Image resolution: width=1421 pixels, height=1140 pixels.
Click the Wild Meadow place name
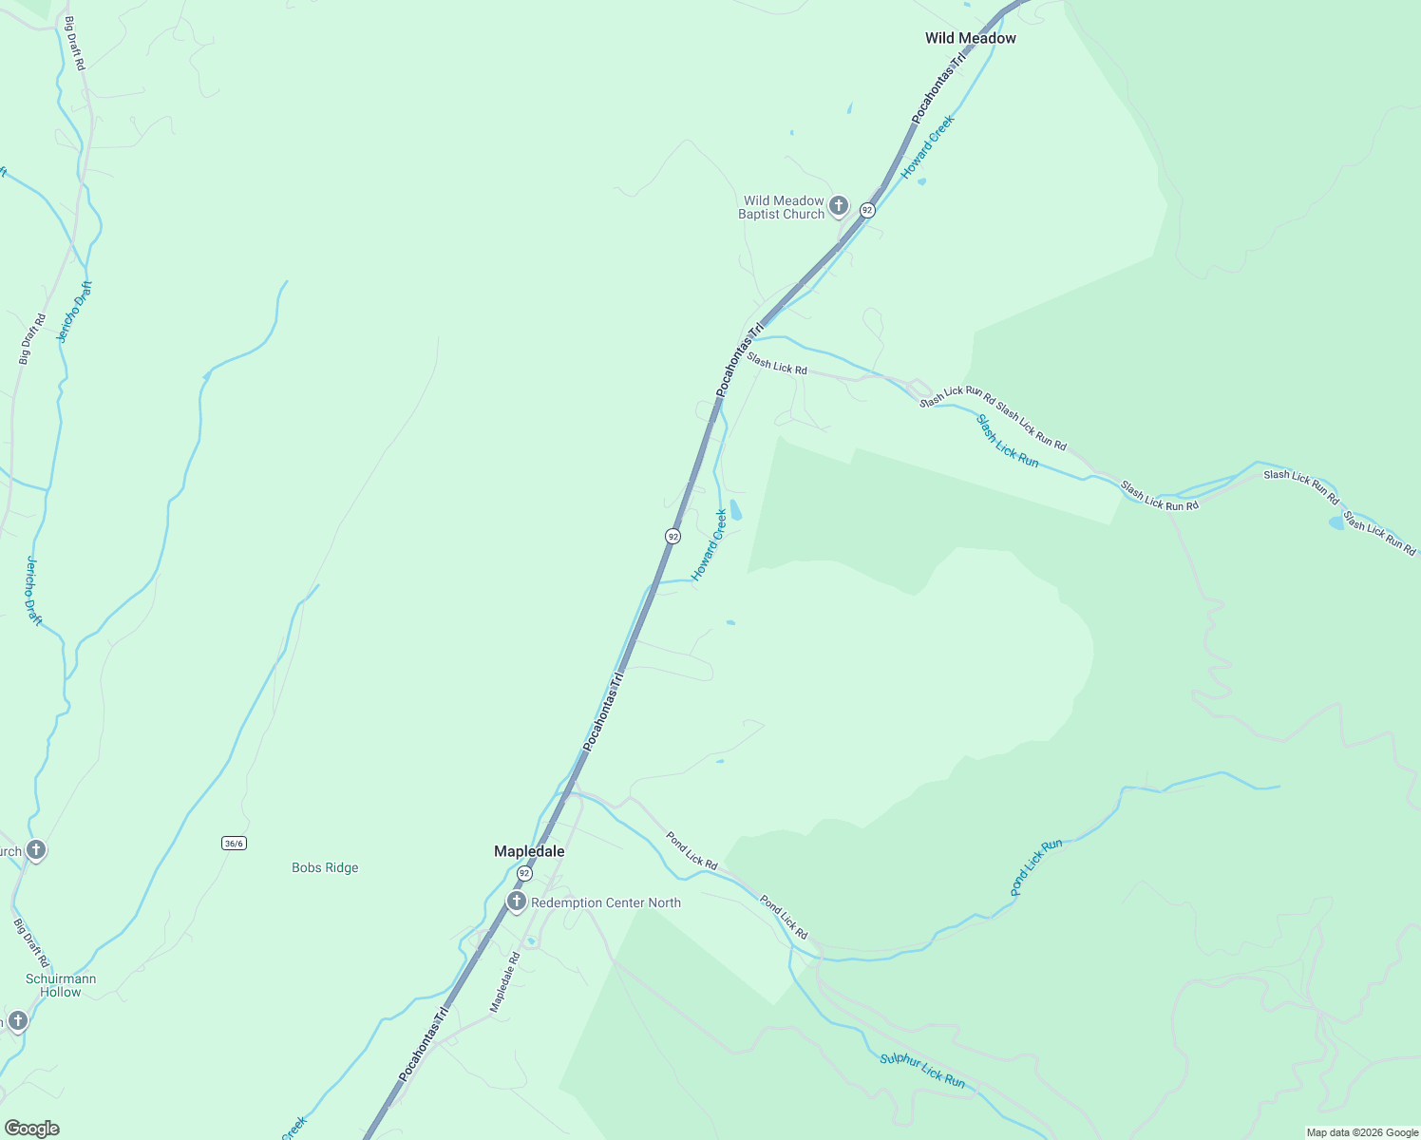pos(970,38)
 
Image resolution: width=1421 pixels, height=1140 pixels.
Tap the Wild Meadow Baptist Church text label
pos(783,207)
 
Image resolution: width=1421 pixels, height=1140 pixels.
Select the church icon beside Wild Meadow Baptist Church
pos(838,205)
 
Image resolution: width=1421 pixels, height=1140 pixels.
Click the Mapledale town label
pos(529,851)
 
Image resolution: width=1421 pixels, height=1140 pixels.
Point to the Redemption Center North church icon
pos(516,902)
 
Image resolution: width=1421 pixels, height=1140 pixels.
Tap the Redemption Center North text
pos(606,902)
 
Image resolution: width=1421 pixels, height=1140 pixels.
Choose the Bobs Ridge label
pos(325,867)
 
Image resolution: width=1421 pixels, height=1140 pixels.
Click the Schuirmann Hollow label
pos(61,985)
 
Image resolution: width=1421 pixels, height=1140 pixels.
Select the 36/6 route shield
pos(234,843)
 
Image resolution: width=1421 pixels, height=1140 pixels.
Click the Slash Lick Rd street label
pos(776,363)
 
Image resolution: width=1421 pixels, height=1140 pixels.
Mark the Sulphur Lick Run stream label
pos(921,1071)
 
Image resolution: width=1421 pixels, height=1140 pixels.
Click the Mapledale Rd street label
pos(504,981)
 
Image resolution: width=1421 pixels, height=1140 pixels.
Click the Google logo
pos(31,1129)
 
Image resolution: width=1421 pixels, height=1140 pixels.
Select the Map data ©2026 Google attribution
pos(1361,1132)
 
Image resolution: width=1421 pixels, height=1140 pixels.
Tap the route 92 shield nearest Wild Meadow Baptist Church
pos(866,209)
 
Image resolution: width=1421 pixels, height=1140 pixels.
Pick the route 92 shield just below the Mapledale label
pos(524,873)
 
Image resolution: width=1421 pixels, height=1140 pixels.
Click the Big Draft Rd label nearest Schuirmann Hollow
pos(30,942)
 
